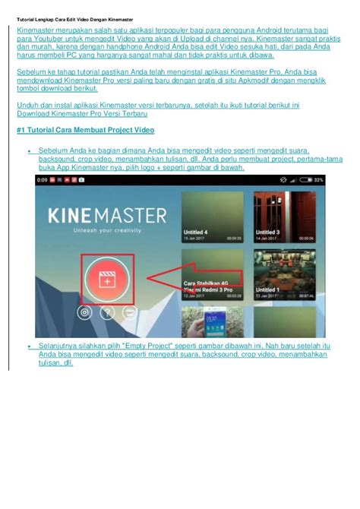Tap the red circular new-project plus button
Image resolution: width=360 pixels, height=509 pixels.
click(108, 281)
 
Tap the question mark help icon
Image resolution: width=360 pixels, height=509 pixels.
click(108, 311)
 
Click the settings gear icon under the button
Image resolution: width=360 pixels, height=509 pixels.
click(84, 311)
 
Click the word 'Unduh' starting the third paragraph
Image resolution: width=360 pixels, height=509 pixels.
click(27, 104)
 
